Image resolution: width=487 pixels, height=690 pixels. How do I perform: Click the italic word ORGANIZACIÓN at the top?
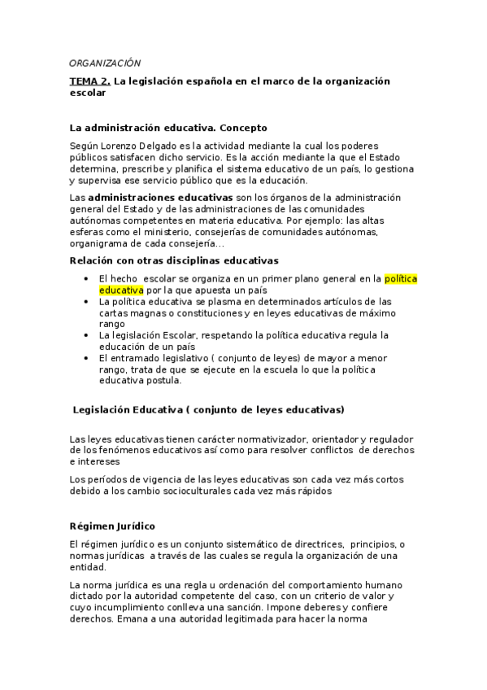coord(105,63)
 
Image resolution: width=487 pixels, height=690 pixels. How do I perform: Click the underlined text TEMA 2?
coord(89,81)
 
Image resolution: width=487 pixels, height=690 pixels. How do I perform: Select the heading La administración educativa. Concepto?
coord(168,128)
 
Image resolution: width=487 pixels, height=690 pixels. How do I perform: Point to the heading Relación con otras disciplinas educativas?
coord(174,260)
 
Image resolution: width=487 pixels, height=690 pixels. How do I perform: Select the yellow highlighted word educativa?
coord(120,289)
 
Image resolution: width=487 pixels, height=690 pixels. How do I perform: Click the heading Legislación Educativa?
coord(208,408)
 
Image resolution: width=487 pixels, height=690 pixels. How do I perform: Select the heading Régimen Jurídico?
coord(112,526)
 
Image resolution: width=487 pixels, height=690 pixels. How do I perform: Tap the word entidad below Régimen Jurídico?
coord(89,567)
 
